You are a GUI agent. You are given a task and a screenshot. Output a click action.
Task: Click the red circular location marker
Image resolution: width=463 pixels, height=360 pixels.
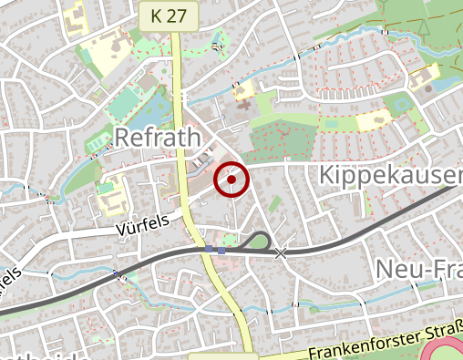point(231,180)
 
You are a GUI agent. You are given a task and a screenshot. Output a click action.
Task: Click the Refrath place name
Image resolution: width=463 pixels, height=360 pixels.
point(157,138)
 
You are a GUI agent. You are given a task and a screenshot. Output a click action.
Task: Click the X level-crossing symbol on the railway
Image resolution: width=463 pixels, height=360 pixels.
point(281,252)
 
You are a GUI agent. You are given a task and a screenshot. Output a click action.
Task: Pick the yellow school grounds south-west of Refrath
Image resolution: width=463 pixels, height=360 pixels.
point(111,196)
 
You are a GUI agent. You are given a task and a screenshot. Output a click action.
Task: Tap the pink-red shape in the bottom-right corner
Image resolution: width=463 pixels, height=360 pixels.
point(447,351)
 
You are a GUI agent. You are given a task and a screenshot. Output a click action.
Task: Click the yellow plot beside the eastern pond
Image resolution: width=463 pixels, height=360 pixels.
point(372,119)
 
